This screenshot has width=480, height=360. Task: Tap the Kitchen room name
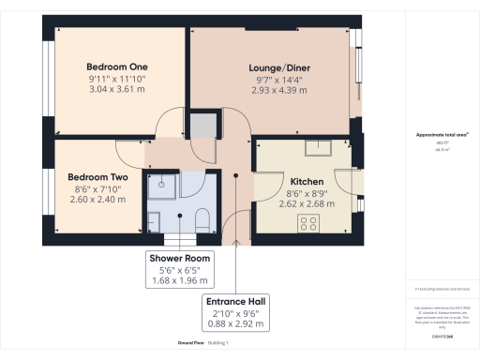(307, 182)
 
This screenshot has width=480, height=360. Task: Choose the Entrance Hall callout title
(236, 301)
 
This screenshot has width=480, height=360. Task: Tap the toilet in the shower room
(200, 219)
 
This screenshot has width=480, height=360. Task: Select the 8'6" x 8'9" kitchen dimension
(307, 194)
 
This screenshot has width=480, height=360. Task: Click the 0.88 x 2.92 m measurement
(236, 325)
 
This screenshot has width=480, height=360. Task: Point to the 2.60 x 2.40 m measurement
(97, 199)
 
